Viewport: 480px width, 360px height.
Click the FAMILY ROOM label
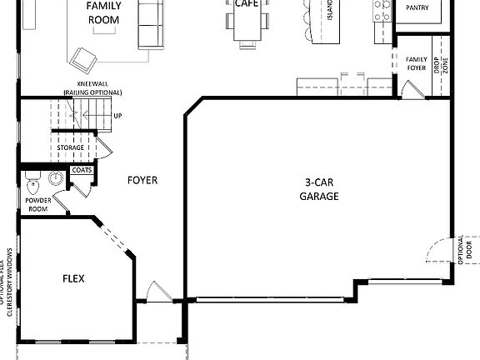point(104,12)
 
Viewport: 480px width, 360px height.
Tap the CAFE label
point(244,3)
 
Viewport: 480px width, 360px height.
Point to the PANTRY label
point(417,7)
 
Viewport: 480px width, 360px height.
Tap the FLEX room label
point(72,278)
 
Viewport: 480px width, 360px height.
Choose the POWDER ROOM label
point(38,205)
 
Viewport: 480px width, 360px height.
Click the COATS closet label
point(82,170)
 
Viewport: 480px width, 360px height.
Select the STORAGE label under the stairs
point(71,147)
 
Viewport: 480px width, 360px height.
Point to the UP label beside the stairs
point(117,116)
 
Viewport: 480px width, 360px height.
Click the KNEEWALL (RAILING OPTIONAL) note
point(87,90)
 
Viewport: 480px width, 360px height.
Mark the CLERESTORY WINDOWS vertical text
point(9,283)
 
